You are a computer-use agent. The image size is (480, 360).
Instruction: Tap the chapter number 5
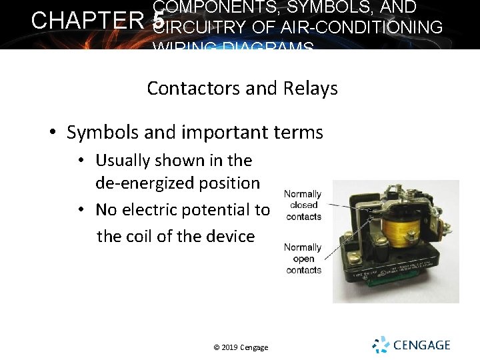(x=158, y=21)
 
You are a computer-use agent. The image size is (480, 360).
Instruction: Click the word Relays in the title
(x=311, y=89)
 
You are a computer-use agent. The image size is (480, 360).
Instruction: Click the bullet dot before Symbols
(x=52, y=133)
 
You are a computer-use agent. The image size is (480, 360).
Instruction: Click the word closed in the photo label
(x=303, y=205)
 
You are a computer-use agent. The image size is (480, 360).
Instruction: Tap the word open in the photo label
(x=303, y=259)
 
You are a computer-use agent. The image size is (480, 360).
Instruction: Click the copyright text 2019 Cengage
(x=241, y=347)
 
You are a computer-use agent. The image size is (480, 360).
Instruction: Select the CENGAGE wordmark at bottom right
(x=421, y=345)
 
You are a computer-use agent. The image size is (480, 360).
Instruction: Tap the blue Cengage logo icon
(x=381, y=345)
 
